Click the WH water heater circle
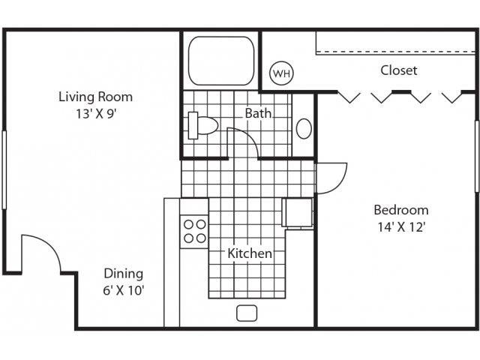[x=281, y=73]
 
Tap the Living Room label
[x=95, y=97]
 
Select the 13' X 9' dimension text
[x=95, y=115]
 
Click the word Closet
[x=398, y=70]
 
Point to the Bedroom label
[x=400, y=210]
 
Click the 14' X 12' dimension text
[x=400, y=228]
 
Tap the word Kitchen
[x=250, y=253]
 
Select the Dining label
[x=123, y=274]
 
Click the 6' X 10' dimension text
[x=123, y=290]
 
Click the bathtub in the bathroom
[x=220, y=60]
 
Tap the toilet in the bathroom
[x=201, y=125]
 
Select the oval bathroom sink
[x=304, y=128]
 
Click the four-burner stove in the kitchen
[x=194, y=230]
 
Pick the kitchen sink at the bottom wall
[x=247, y=313]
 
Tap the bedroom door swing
[x=332, y=178]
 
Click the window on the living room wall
[x=4, y=169]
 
